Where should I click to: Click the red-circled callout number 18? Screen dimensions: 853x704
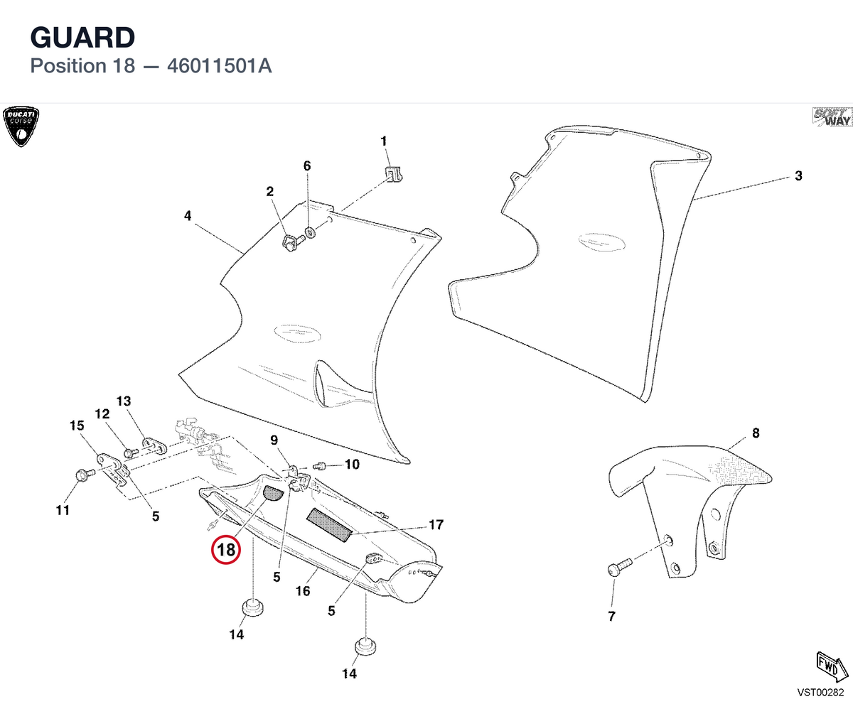pyautogui.click(x=226, y=549)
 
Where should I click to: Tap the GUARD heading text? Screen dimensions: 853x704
pyautogui.click(x=82, y=38)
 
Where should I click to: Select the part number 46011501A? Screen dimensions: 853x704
pyautogui.click(x=220, y=66)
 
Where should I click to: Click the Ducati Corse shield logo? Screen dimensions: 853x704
pyautogui.click(x=21, y=126)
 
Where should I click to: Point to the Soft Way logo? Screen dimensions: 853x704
pyautogui.click(x=832, y=117)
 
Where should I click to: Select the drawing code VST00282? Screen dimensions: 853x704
pyautogui.click(x=820, y=692)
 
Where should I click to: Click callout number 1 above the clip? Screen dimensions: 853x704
pyautogui.click(x=384, y=141)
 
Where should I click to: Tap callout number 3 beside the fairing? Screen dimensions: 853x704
pyautogui.click(x=798, y=176)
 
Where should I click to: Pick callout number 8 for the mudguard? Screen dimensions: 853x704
pyautogui.click(x=756, y=433)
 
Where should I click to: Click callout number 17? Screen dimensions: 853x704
pyautogui.click(x=436, y=524)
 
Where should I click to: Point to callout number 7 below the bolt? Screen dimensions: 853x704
pyautogui.click(x=611, y=616)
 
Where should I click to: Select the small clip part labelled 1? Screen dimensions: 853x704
pyautogui.click(x=393, y=173)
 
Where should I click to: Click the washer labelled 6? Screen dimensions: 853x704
pyautogui.click(x=310, y=233)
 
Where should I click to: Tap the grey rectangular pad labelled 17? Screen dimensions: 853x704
pyautogui.click(x=329, y=525)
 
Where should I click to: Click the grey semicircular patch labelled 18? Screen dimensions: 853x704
pyautogui.click(x=272, y=493)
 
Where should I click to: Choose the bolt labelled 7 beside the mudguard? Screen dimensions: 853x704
pyautogui.click(x=619, y=567)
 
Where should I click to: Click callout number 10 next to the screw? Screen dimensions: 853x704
pyautogui.click(x=352, y=465)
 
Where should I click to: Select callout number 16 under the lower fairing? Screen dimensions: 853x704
pyautogui.click(x=303, y=591)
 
